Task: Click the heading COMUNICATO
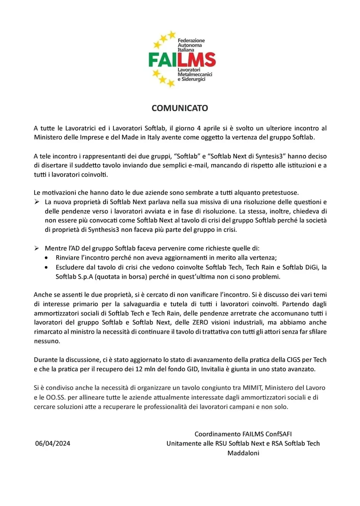[x=180, y=108]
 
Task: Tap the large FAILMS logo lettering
[x=182, y=60]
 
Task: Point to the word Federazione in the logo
[x=191, y=40]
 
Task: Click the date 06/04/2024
[x=52, y=443]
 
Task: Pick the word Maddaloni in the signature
[x=243, y=453]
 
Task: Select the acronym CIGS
[x=293, y=360]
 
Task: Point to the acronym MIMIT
[x=253, y=388]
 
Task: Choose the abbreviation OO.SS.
[x=56, y=397]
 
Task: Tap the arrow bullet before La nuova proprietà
[x=37, y=202]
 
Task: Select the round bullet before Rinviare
[x=46, y=257]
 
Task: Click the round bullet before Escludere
[x=46, y=267]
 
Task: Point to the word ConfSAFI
[x=279, y=434]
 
